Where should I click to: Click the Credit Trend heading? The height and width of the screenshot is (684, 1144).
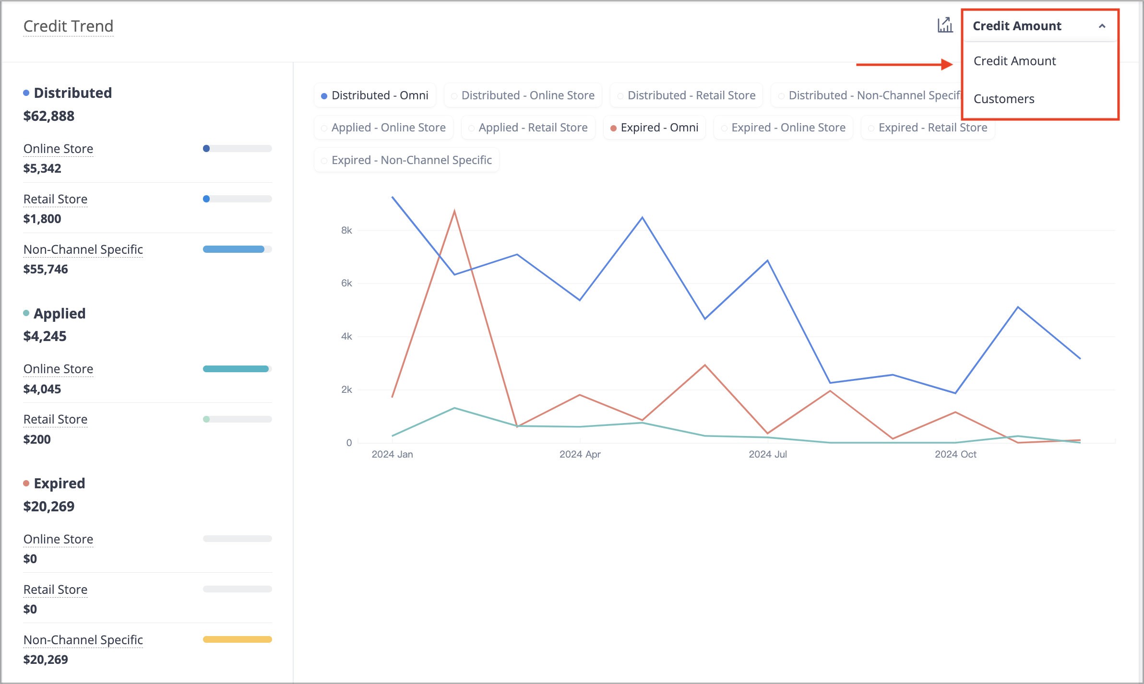tap(68, 26)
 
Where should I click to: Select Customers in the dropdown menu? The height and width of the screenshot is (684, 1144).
tap(1004, 99)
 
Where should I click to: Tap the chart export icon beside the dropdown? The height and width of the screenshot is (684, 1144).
tap(945, 25)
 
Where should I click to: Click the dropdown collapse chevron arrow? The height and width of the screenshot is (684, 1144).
tap(1102, 26)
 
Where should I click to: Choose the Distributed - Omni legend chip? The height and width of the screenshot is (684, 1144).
tap(375, 95)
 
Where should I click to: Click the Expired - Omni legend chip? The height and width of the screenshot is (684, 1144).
tap(655, 128)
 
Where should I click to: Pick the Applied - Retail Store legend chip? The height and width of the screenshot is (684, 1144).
tap(528, 128)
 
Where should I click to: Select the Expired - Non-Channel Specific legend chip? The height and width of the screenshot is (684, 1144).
tap(406, 160)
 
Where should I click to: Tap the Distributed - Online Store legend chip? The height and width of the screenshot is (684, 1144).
tap(523, 95)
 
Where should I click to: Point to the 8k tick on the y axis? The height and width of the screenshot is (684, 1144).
tap(346, 230)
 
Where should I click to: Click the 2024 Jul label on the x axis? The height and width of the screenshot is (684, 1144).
tap(768, 454)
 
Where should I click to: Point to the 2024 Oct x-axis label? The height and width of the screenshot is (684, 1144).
tap(955, 454)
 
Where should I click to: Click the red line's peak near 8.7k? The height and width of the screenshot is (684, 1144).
tap(454, 211)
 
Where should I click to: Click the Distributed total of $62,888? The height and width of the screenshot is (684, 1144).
tap(49, 116)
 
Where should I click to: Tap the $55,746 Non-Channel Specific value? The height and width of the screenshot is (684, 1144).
tap(46, 269)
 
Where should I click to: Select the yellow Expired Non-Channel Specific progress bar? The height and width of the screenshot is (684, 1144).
tap(238, 639)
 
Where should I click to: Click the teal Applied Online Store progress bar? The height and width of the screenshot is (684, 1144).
tap(236, 369)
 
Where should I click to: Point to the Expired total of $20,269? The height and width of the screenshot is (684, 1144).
tap(49, 507)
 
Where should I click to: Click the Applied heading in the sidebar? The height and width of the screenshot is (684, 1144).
tap(60, 313)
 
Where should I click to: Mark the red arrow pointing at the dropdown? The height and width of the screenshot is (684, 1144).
tap(905, 64)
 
